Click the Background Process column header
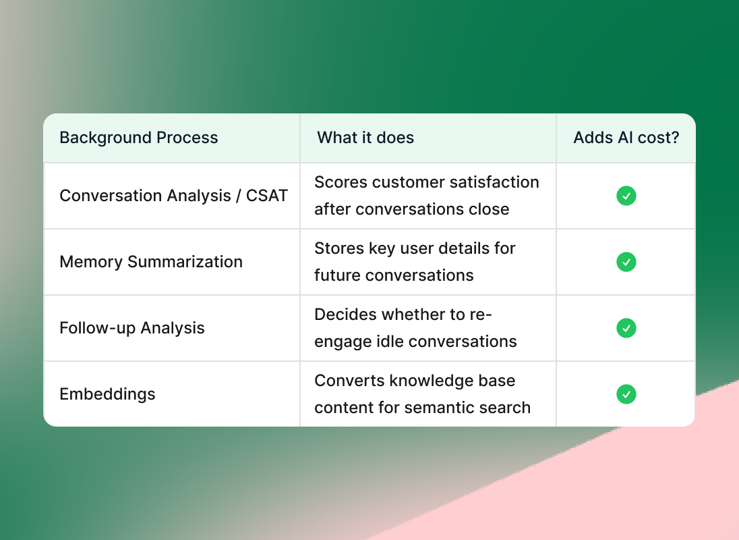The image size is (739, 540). (139, 138)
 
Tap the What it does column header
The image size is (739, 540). (365, 138)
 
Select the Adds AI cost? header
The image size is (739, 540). (626, 138)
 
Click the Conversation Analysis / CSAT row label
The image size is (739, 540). (173, 196)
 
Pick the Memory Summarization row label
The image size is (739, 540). (151, 262)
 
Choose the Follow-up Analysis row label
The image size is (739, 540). (132, 328)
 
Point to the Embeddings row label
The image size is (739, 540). (107, 394)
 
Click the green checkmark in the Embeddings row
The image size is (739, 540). (626, 394)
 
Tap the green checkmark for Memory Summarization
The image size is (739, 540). (626, 262)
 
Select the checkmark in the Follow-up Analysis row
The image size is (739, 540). (626, 328)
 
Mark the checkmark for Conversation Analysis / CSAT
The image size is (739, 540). (626, 196)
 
